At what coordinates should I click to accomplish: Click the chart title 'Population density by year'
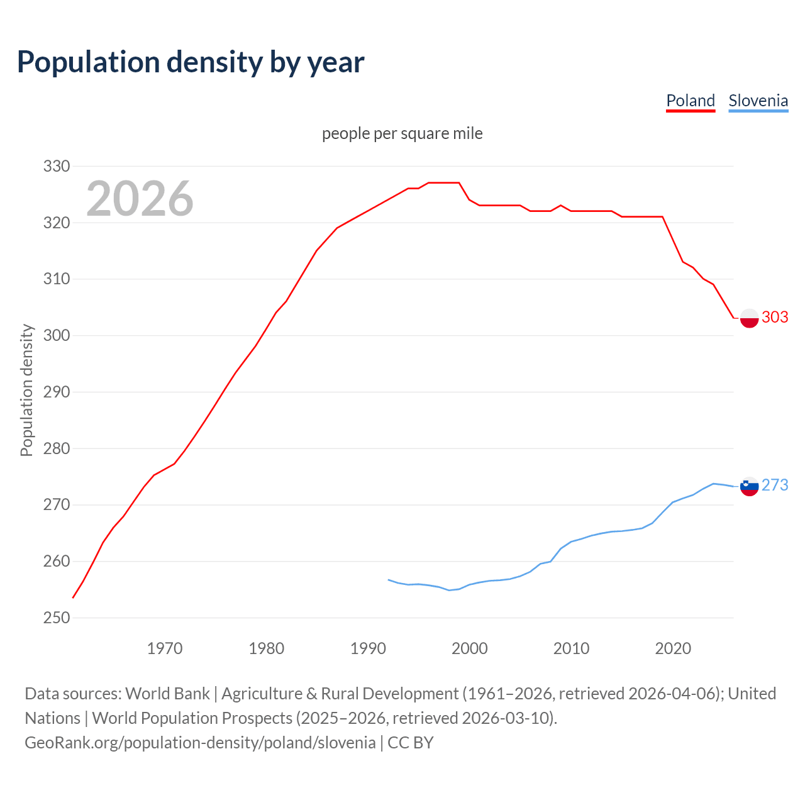pos(191,62)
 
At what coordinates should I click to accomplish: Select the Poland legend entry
pos(691,101)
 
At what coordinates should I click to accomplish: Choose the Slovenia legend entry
pos(758,101)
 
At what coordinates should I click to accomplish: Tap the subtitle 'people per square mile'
pos(402,134)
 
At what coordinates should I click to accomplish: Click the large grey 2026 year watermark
pos(140,199)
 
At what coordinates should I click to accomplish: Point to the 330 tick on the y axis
pos(56,167)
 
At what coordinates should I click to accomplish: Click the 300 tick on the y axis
pos(56,335)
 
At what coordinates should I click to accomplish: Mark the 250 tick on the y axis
pos(56,618)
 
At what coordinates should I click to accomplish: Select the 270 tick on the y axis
pos(56,505)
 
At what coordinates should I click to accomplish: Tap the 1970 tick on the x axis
pos(165,648)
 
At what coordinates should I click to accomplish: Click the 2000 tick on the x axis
pos(470,648)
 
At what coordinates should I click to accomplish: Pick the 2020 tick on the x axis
pos(673,648)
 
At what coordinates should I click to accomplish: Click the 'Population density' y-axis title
pos(26,390)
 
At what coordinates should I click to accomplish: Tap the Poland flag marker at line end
pos(749,318)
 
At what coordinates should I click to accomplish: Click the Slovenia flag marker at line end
pos(749,486)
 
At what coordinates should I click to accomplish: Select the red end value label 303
pos(775,317)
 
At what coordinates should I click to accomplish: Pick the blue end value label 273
pos(775,485)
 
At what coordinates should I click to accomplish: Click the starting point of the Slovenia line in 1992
pos(389,580)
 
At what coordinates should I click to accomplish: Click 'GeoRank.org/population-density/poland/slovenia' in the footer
pos(200,743)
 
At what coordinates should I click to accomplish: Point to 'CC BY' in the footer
pos(411,743)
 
